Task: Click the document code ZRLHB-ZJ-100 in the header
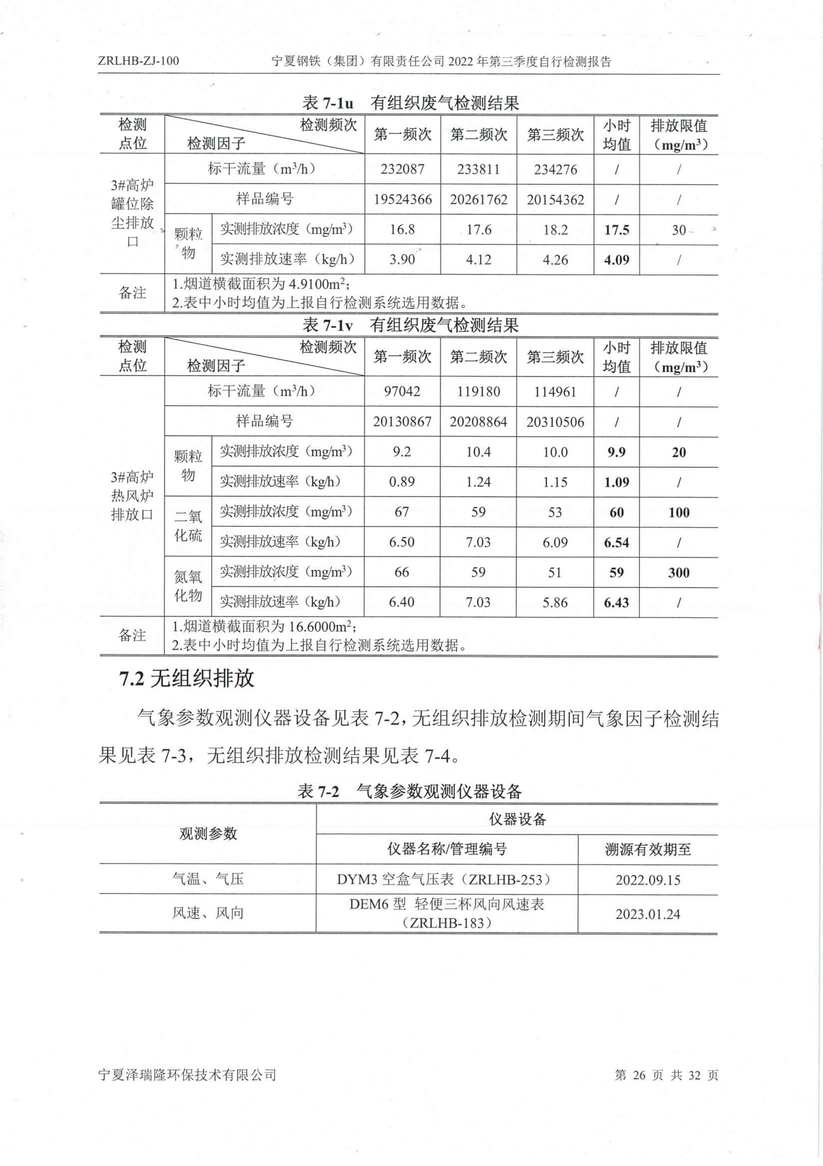[x=139, y=61]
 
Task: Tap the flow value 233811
[x=479, y=169]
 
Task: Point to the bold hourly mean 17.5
[x=617, y=230]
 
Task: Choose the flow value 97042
[x=402, y=391]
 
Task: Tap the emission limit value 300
[x=678, y=573]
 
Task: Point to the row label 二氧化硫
[x=188, y=526]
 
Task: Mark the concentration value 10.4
[x=478, y=452]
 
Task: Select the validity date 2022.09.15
[x=648, y=880]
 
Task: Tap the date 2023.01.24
[x=648, y=914]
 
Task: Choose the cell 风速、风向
[x=207, y=913]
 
